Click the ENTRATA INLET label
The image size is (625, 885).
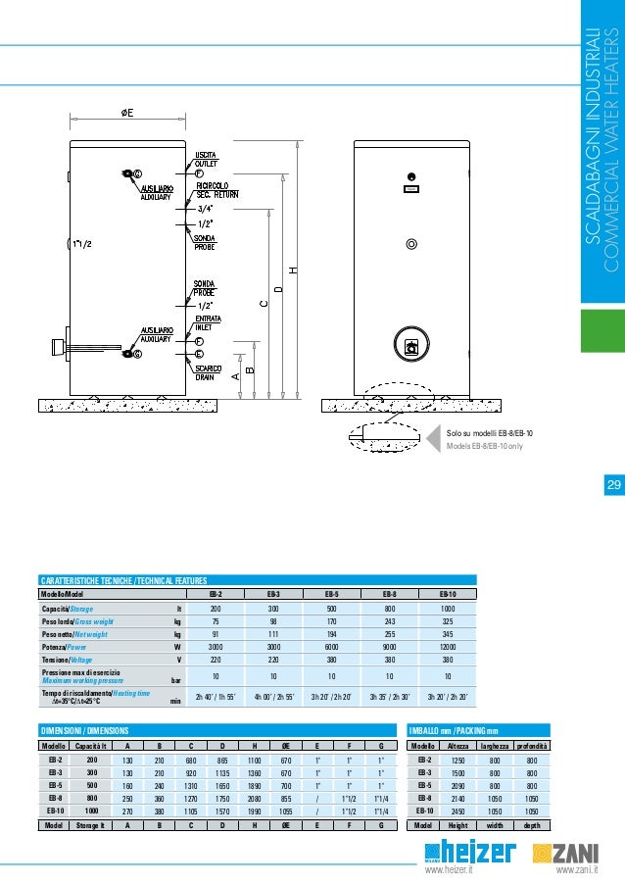click(207, 323)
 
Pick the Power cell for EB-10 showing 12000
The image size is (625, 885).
click(447, 648)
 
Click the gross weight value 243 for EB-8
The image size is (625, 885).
click(389, 620)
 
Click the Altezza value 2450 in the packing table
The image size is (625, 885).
click(457, 811)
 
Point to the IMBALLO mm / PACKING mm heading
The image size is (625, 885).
click(453, 730)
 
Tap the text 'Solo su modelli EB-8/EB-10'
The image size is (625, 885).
click(496, 432)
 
